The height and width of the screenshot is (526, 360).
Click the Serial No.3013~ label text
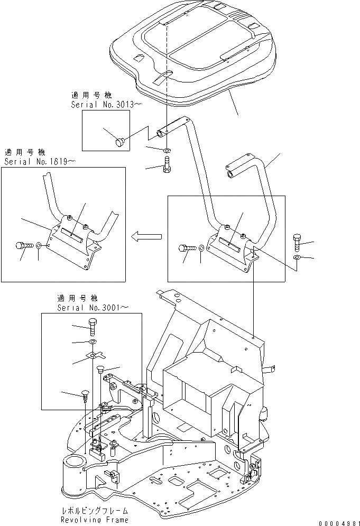tap(106, 105)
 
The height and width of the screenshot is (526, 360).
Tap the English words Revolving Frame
tap(94, 520)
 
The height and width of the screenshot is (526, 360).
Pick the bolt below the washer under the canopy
tap(166, 167)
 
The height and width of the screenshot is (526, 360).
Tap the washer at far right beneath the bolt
tap(298, 257)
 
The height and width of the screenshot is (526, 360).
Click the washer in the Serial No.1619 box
tap(41, 246)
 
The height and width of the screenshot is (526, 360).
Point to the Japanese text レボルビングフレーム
tap(94, 511)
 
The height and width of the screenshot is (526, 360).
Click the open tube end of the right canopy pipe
tap(230, 173)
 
